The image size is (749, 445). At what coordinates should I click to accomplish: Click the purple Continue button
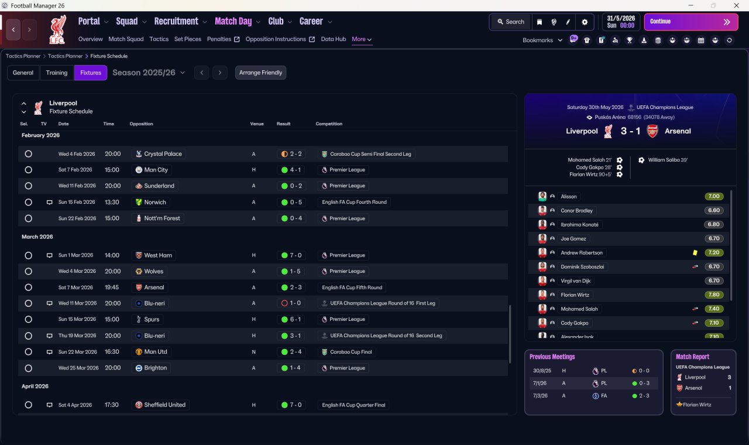pyautogui.click(x=691, y=22)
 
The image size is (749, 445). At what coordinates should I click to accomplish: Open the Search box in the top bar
pyautogui.click(x=511, y=22)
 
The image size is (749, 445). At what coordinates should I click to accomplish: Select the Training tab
pyautogui.click(x=57, y=73)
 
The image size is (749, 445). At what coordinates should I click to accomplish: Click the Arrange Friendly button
pyautogui.click(x=260, y=73)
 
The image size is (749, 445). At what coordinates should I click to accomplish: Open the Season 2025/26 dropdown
pyautogui.click(x=149, y=73)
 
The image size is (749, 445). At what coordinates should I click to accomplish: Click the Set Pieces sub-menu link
pyautogui.click(x=188, y=39)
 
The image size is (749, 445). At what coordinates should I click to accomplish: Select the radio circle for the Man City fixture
pyautogui.click(x=29, y=170)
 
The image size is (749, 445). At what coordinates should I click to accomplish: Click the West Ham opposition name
pyautogui.click(x=158, y=255)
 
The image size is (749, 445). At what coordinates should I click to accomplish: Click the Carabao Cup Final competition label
pyautogui.click(x=351, y=352)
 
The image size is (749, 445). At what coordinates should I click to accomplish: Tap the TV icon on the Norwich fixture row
pyautogui.click(x=50, y=203)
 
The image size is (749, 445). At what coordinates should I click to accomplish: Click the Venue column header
pyautogui.click(x=257, y=124)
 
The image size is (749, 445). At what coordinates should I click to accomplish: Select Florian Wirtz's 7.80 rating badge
pyautogui.click(x=714, y=295)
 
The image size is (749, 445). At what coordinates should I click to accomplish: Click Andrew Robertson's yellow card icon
pyautogui.click(x=695, y=252)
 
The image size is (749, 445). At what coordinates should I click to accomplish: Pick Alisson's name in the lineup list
pyautogui.click(x=569, y=197)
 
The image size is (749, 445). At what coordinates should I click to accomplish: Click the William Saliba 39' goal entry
pyautogui.click(x=668, y=160)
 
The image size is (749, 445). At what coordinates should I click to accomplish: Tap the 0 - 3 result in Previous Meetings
pyautogui.click(x=644, y=384)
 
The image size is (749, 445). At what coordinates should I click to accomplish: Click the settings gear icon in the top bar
pyautogui.click(x=585, y=22)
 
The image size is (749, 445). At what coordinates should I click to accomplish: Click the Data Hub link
pyautogui.click(x=334, y=39)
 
